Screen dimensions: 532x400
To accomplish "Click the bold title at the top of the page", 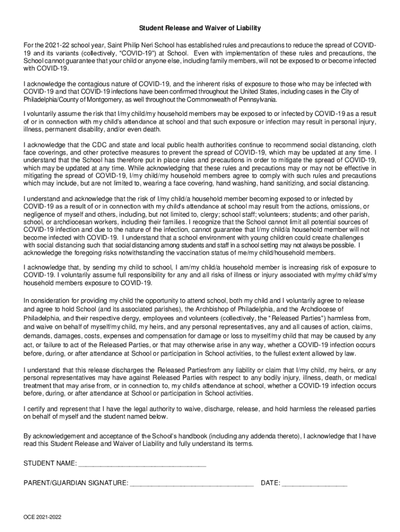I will click(199, 28).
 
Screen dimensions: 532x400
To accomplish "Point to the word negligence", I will click(41, 214).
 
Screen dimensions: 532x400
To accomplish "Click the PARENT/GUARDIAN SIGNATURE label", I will click(76, 483).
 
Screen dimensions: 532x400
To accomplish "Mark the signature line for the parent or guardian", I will click(192, 484).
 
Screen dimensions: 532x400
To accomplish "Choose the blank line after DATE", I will click(315, 484).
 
